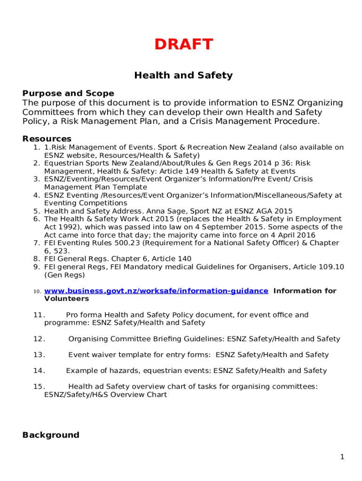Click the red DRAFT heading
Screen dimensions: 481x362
(184, 45)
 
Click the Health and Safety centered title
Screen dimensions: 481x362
(183, 75)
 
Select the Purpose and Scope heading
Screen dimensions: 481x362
(68, 93)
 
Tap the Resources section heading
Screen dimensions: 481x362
(47, 139)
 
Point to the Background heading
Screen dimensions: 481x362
(51, 435)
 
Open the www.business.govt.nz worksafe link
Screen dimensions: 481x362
(156, 291)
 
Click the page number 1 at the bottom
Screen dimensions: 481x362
(343, 457)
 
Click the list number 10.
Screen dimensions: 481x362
(38, 291)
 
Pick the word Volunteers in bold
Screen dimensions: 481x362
(66, 299)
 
